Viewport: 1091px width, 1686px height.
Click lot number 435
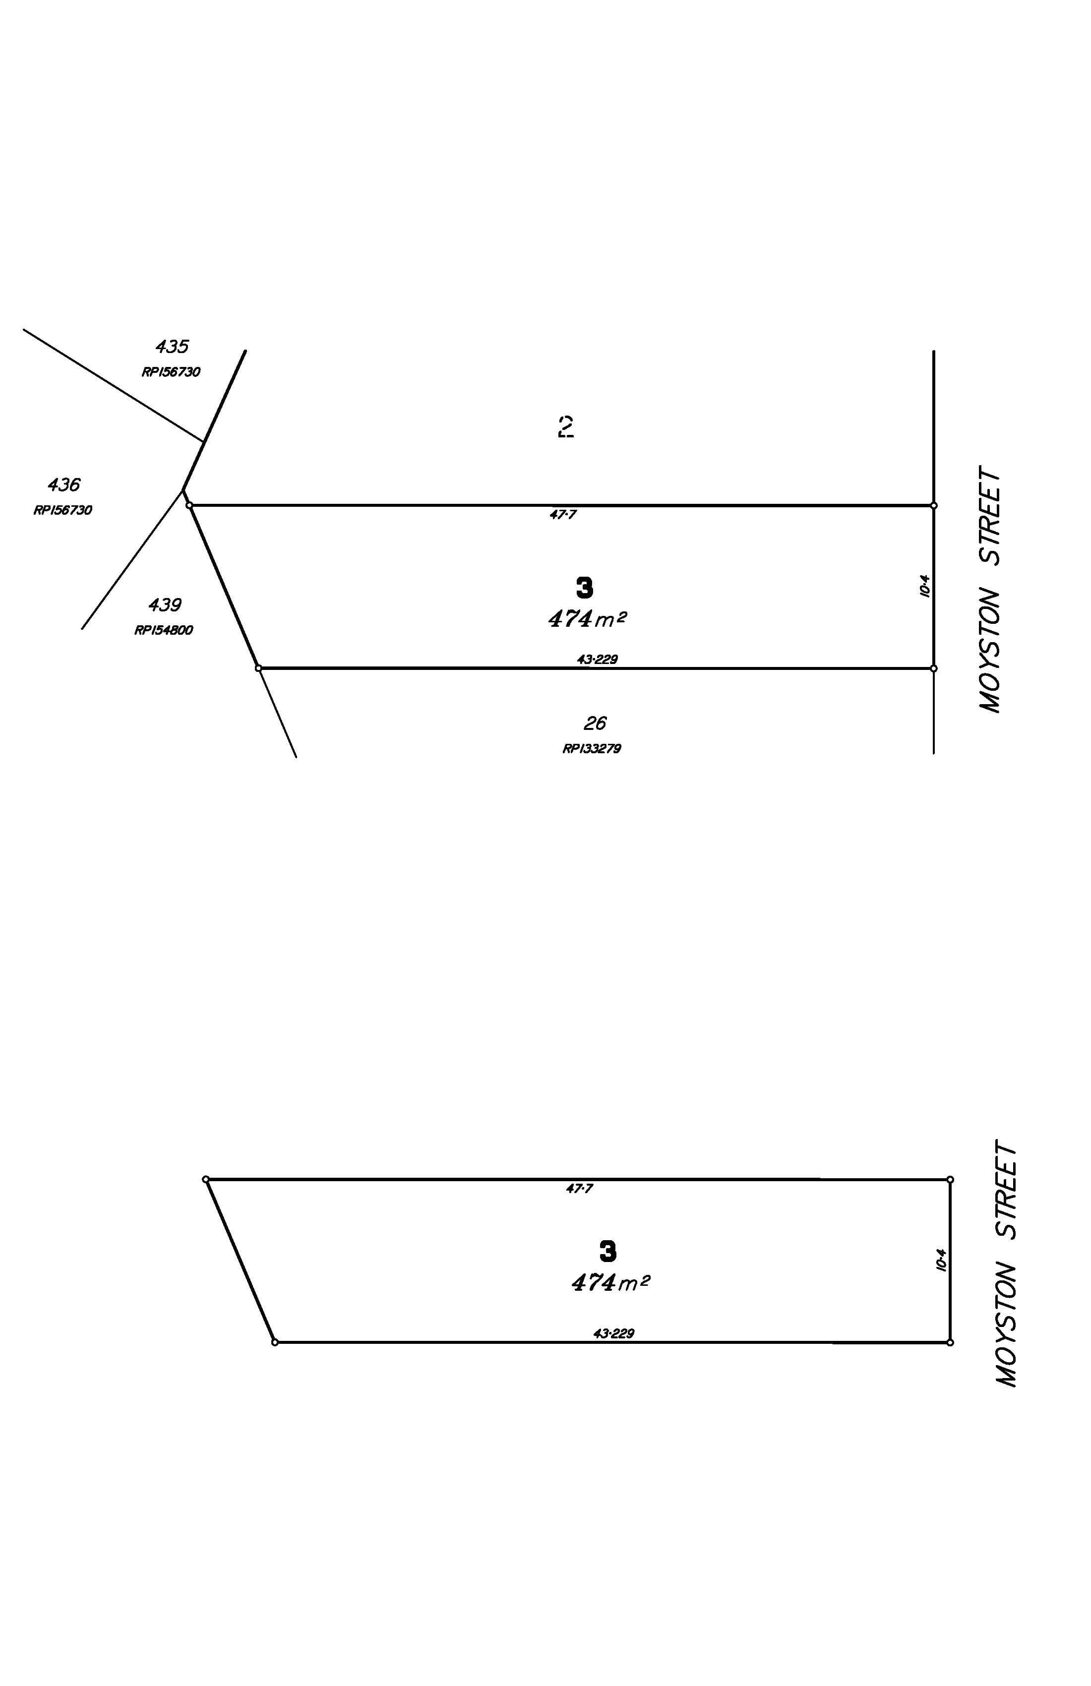[172, 347]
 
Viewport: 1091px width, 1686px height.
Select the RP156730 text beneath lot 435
[171, 372]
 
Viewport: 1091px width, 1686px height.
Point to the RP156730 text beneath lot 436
[62, 510]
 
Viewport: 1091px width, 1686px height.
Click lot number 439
[165, 605]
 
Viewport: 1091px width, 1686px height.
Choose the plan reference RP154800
[164, 630]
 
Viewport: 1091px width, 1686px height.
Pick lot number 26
[595, 723]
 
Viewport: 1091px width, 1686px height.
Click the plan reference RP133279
[592, 749]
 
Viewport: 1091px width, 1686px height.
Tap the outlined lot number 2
[565, 427]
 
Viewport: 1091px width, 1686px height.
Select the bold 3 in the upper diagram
[585, 588]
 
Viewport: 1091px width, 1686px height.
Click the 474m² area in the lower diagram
[610, 1283]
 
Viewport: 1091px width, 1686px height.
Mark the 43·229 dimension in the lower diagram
[613, 1334]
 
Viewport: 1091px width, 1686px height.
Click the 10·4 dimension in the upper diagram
[924, 586]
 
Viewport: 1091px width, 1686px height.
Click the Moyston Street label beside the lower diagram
[1006, 1263]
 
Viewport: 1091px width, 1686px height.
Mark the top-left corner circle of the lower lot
[205, 1180]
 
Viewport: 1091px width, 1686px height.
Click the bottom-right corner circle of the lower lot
[950, 1342]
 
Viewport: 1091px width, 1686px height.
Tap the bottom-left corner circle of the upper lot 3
[258, 668]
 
